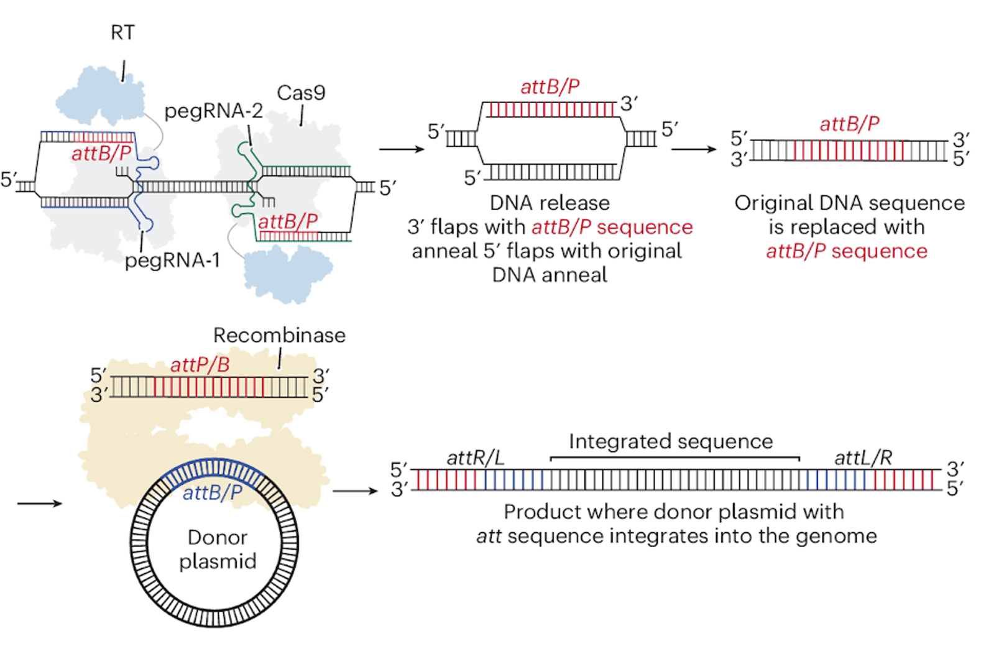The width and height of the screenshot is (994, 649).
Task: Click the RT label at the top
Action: pos(122,32)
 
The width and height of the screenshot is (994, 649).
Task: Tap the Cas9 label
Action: pos(301,93)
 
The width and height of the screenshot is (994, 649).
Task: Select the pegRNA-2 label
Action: pos(213,111)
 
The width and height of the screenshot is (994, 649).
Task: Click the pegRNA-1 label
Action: pos(172,260)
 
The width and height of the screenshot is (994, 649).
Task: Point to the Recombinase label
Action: pos(279,335)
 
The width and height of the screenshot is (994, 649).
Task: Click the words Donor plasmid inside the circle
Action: pos(218,549)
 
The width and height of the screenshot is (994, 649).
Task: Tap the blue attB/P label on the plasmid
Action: pos(212,493)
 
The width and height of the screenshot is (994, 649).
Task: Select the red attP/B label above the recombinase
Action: pos(200,365)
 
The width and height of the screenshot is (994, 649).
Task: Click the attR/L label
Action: pos(475,458)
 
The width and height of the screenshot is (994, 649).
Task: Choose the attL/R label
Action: pos(863,458)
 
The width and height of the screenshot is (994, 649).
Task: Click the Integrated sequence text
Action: pos(671,441)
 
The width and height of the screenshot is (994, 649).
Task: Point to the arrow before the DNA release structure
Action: pos(401,149)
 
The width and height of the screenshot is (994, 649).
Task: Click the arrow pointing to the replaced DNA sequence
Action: pos(694,149)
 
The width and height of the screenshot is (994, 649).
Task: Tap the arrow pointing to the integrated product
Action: pos(355,491)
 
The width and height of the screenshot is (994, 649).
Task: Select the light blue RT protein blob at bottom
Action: pos(287,274)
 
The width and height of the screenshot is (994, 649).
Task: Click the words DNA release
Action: pos(550,203)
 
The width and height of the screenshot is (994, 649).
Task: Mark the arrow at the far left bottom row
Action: pos(40,503)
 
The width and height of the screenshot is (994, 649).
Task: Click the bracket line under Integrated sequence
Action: pos(674,458)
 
